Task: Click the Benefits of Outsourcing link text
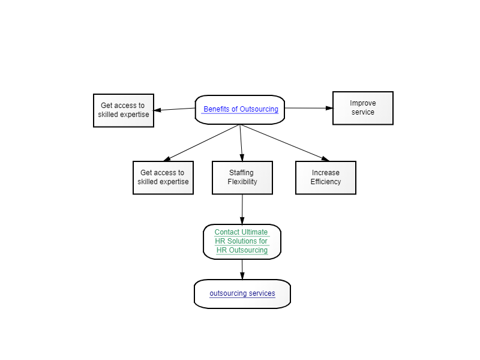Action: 241,109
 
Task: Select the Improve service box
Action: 363,108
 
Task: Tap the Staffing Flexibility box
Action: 242,178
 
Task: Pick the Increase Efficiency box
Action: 326,178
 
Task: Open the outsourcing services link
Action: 242,293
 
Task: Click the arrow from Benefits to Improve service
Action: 309,108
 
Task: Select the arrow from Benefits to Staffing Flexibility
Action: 241,143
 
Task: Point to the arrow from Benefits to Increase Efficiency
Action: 284,143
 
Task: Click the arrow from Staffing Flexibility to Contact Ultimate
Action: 242,209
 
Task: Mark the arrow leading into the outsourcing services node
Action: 242,269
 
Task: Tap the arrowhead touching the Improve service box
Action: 329,108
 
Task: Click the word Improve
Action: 363,103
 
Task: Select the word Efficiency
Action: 326,182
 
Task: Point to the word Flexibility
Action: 242,182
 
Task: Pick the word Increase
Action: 326,173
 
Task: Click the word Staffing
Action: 242,173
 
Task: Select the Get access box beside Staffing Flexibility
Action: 163,178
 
